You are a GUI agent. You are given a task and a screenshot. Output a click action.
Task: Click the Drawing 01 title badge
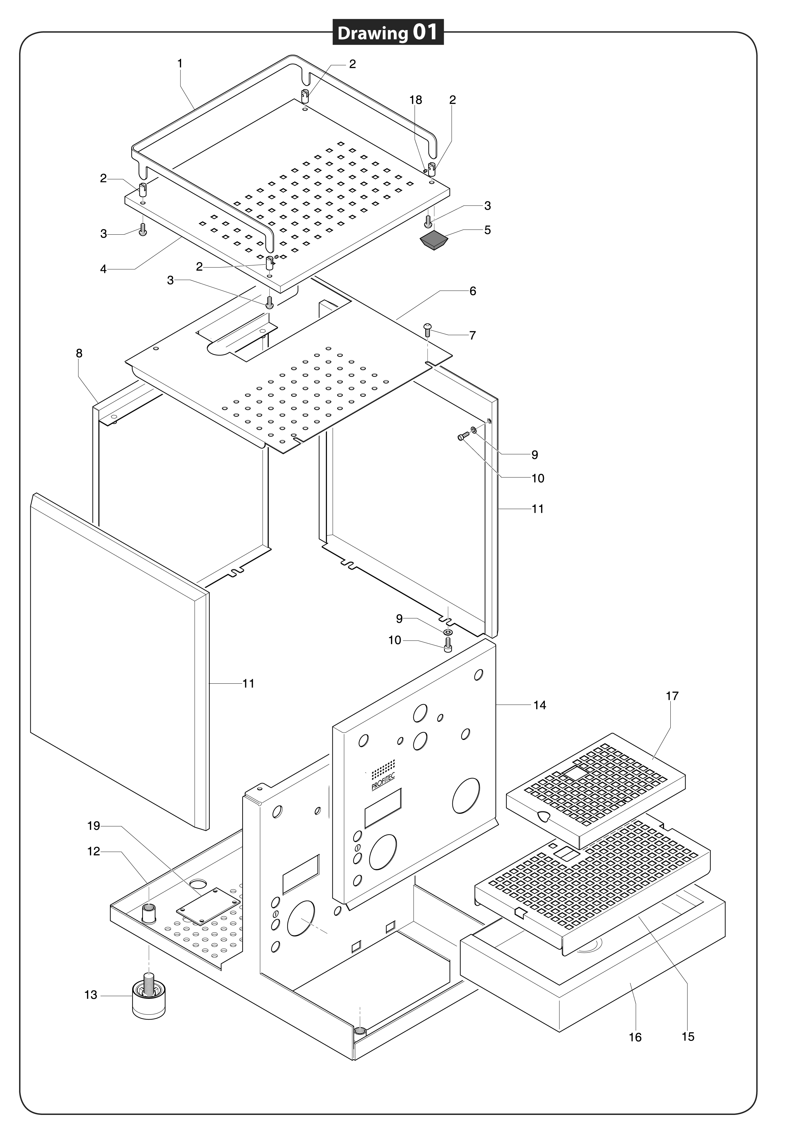[x=388, y=33]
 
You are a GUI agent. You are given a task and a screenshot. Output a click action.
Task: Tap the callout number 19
[x=94, y=826]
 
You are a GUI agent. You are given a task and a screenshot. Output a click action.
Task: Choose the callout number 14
[x=540, y=705]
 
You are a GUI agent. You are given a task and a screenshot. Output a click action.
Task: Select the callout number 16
[x=635, y=1038]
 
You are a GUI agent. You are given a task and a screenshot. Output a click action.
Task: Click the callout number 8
[x=79, y=354]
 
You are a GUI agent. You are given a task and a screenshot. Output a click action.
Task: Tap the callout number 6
[x=473, y=291]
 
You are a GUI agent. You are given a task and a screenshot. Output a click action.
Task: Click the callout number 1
[x=180, y=64]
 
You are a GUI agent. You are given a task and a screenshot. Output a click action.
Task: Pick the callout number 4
[x=103, y=270]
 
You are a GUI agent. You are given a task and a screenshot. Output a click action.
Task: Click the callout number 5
[x=487, y=230]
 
